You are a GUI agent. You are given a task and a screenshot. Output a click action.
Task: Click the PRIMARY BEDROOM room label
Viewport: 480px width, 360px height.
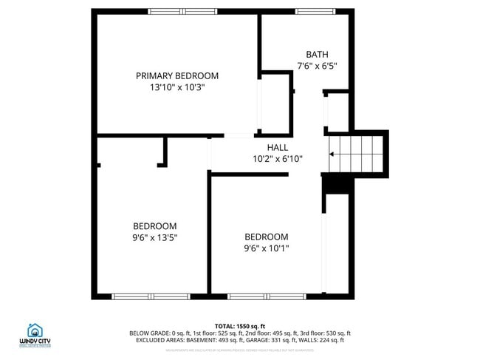click(177, 75)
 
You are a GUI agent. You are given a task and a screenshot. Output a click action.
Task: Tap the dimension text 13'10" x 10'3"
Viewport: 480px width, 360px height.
click(177, 87)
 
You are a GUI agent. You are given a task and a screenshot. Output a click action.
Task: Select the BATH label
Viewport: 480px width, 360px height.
click(317, 54)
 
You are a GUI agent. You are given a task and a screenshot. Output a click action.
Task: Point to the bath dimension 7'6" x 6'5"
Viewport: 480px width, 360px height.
click(317, 66)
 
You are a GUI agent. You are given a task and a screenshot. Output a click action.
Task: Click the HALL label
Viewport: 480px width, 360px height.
click(278, 147)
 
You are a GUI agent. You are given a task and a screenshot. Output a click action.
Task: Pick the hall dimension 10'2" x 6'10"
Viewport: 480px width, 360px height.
click(278, 159)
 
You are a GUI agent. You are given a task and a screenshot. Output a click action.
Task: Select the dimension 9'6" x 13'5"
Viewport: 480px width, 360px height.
click(154, 237)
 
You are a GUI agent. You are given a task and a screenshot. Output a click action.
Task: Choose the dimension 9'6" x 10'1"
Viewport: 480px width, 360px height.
click(267, 248)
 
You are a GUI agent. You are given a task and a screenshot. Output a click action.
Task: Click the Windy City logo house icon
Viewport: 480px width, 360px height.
click(35, 330)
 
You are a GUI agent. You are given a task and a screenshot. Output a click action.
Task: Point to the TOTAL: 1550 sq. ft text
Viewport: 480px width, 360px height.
click(240, 326)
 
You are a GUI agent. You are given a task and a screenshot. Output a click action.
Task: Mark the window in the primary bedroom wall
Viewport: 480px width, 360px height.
click(178, 11)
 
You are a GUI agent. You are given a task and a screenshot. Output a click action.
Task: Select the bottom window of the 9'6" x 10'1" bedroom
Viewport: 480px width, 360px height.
click(256, 296)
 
